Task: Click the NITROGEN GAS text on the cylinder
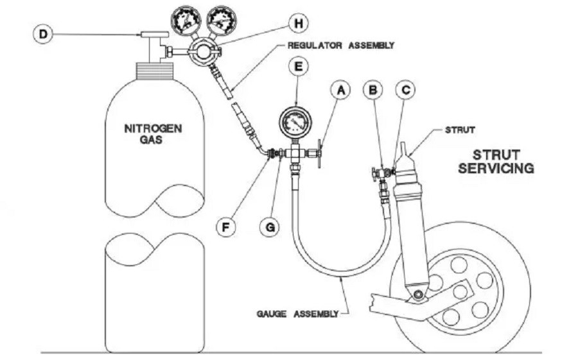coord(153,133)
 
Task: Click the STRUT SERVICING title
coord(503,161)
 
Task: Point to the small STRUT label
coord(460,130)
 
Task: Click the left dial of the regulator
coord(184,17)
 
